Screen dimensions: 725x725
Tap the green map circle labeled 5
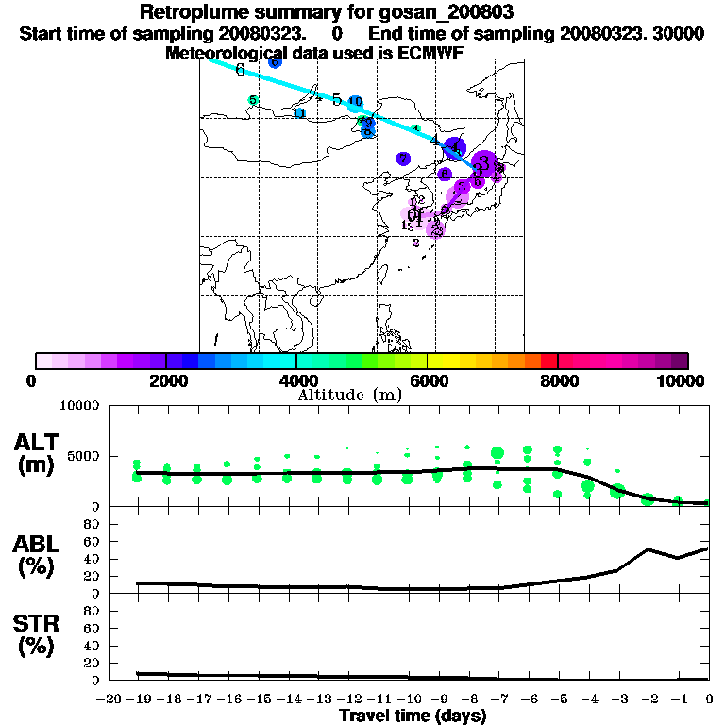[x=253, y=100]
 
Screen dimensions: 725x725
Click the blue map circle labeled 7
[x=403, y=159]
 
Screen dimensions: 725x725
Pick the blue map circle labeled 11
[x=300, y=113]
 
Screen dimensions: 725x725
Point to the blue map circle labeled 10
[x=355, y=102]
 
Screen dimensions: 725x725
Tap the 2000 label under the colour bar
[x=166, y=380]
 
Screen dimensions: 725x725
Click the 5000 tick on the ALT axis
[x=86, y=456]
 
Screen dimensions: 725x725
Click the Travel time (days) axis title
[x=413, y=717]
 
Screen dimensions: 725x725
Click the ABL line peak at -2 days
[x=649, y=549]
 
